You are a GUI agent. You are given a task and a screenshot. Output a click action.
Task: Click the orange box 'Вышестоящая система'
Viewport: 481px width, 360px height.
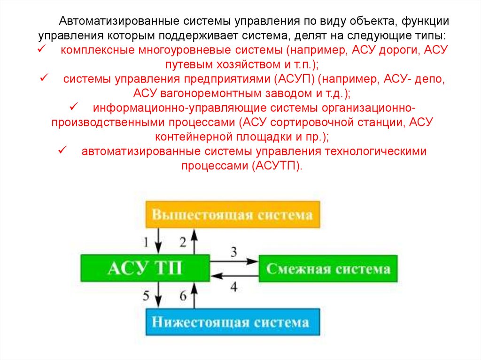233,215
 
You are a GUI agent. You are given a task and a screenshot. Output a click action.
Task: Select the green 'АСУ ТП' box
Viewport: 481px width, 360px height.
145,268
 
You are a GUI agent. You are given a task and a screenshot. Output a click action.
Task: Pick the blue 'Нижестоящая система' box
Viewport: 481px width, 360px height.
233,322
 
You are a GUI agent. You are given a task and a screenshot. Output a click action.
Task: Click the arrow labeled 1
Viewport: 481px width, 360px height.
159,241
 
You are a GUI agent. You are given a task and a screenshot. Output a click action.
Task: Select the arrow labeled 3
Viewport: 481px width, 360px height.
234,260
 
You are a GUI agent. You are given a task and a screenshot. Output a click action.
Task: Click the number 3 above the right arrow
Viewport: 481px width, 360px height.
233,252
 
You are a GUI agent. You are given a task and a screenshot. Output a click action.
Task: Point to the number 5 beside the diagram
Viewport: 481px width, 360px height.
146,296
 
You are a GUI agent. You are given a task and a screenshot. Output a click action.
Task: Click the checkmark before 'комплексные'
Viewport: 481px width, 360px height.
41,50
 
